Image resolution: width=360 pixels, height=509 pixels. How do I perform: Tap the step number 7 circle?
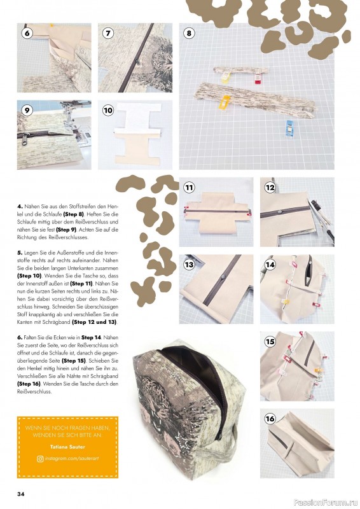click(108, 32)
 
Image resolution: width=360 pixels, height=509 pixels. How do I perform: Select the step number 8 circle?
click(189, 32)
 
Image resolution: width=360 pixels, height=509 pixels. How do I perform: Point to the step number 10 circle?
click(108, 110)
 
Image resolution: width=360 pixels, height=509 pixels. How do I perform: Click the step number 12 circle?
click(270, 187)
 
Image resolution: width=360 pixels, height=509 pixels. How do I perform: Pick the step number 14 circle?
click(270, 264)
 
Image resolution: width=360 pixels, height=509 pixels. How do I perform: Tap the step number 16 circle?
click(270, 419)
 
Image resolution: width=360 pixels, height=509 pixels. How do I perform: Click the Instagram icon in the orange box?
click(40, 458)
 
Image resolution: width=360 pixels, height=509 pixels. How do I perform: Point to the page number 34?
click(21, 494)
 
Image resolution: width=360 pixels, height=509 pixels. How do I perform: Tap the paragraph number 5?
click(20, 252)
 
